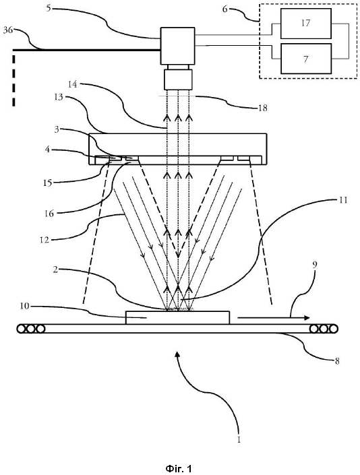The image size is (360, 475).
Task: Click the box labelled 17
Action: pyautogui.click(x=306, y=24)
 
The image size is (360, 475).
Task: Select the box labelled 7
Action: pyautogui.click(x=306, y=59)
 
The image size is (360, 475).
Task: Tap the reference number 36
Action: pyautogui.click(x=9, y=30)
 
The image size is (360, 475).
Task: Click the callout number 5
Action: pyautogui.click(x=49, y=8)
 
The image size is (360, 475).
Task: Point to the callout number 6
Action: pyautogui.click(x=224, y=9)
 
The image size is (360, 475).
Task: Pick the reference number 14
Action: pyautogui.click(x=72, y=84)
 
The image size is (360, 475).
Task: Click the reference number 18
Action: pyautogui.click(x=263, y=108)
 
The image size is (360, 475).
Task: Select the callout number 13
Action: pyautogui.click(x=59, y=97)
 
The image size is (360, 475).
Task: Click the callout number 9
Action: pyautogui.click(x=315, y=265)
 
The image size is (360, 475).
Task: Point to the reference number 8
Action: pyautogui.click(x=337, y=360)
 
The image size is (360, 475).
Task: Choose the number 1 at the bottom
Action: pyautogui.click(x=239, y=439)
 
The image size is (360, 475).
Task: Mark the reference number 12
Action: pyautogui.click(x=44, y=241)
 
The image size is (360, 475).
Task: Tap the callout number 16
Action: pyautogui.click(x=49, y=214)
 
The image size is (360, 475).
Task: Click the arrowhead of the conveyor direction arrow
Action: pyautogui.click(x=307, y=318)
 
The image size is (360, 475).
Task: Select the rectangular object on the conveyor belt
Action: pyautogui.click(x=177, y=317)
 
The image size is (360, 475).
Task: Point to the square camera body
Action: pyautogui.click(x=177, y=46)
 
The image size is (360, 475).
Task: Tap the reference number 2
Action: pyautogui.click(x=55, y=270)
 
